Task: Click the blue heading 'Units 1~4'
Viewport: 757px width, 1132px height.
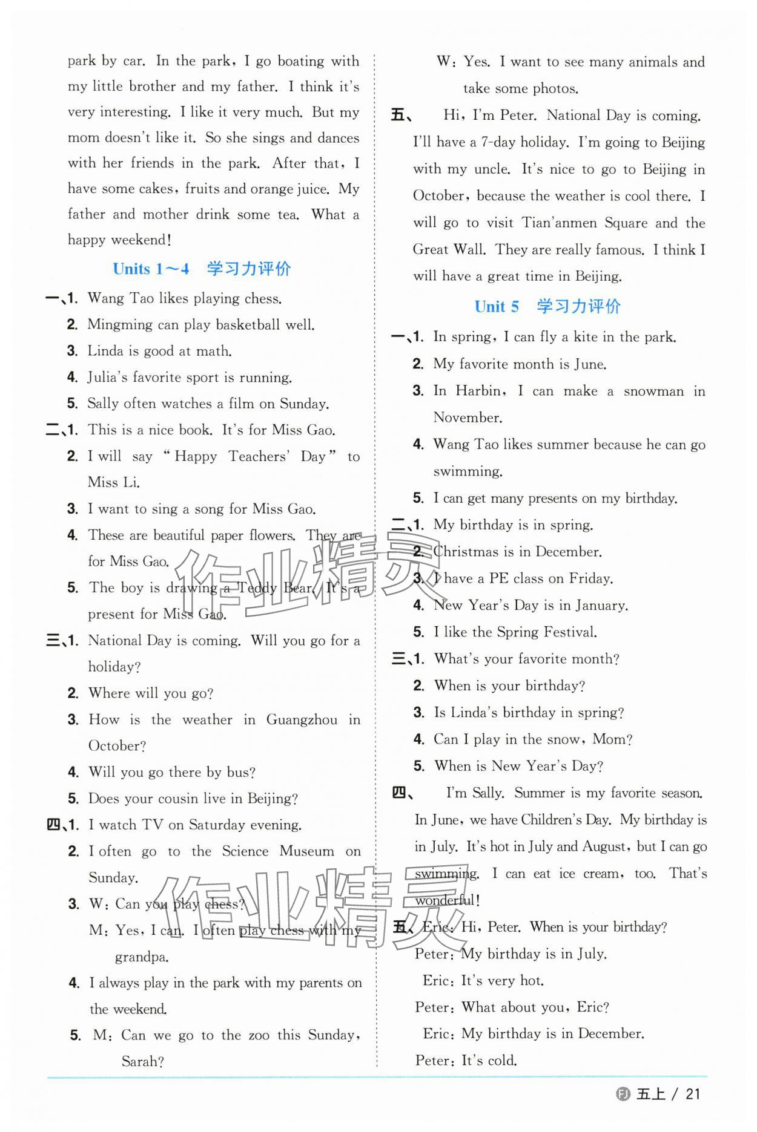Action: [151, 269]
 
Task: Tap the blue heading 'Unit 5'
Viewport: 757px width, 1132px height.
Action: [497, 307]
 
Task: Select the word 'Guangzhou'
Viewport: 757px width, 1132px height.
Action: [302, 720]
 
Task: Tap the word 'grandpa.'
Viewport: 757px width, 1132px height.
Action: [142, 957]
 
